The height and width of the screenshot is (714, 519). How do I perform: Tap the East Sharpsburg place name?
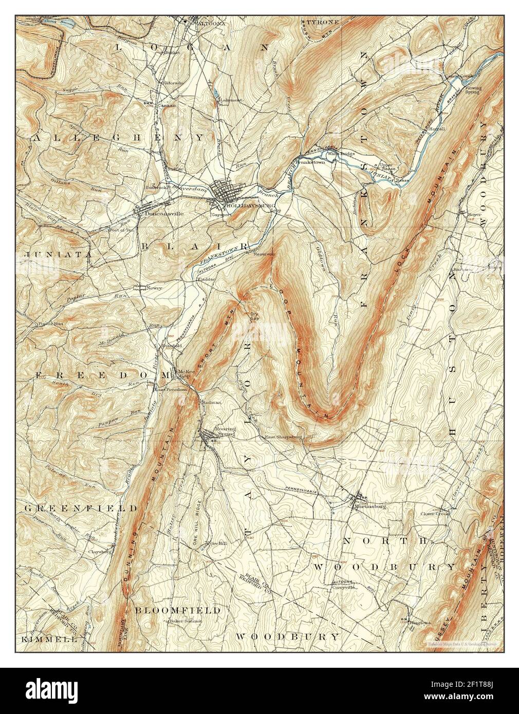[282, 438]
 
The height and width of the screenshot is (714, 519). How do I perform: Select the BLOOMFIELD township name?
[177, 610]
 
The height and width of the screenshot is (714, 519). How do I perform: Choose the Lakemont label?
[230, 100]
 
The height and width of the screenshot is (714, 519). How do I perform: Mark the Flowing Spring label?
[473, 91]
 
